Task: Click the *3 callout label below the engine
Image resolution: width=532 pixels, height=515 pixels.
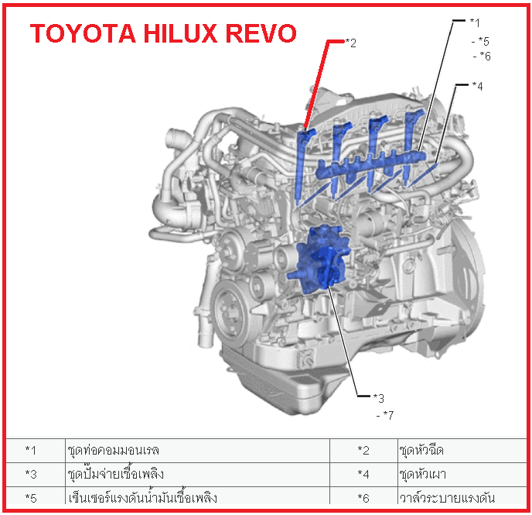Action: [x=378, y=398]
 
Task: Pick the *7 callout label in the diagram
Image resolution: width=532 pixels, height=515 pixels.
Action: [x=387, y=416]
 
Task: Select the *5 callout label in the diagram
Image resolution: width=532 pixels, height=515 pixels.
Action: [x=484, y=42]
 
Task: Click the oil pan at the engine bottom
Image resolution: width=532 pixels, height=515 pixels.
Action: [x=309, y=387]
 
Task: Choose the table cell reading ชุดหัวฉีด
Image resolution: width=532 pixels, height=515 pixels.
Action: [x=421, y=449]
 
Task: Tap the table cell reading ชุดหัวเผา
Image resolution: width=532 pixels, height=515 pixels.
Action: [x=421, y=473]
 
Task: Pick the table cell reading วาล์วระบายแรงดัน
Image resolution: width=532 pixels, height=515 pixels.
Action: [x=447, y=496]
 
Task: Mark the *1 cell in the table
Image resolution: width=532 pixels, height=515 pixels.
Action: [x=31, y=449]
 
